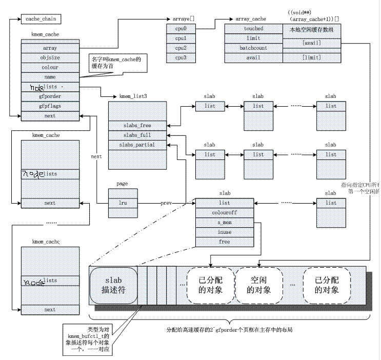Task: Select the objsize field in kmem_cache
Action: [50, 58]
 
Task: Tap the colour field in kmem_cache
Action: [50, 68]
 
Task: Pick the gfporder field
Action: [50, 97]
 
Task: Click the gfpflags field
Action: [50, 106]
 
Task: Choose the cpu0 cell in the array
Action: [181, 29]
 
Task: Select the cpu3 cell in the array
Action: [181, 57]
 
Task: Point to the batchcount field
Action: [253, 48]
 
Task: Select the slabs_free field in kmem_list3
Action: [137, 125]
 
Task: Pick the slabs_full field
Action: [137, 135]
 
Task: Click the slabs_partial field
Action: [137, 145]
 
